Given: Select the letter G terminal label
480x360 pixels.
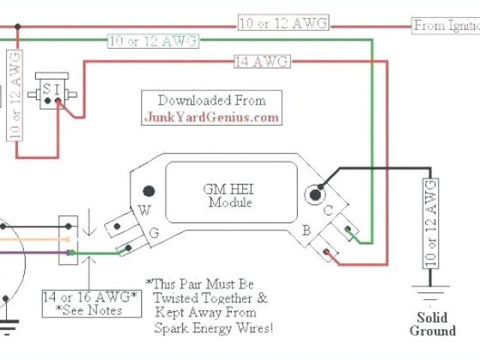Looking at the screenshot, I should click(x=153, y=234).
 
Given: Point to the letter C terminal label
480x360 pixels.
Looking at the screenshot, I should click(x=328, y=212).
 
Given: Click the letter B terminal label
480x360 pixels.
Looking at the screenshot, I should click(x=307, y=230).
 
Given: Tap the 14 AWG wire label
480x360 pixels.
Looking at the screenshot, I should click(x=262, y=62).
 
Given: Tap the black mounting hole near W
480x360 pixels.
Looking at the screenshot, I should click(x=149, y=190).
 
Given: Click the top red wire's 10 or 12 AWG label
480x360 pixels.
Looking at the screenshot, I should click(x=283, y=23).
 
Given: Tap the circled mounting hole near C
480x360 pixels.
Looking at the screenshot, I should click(x=310, y=193).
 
